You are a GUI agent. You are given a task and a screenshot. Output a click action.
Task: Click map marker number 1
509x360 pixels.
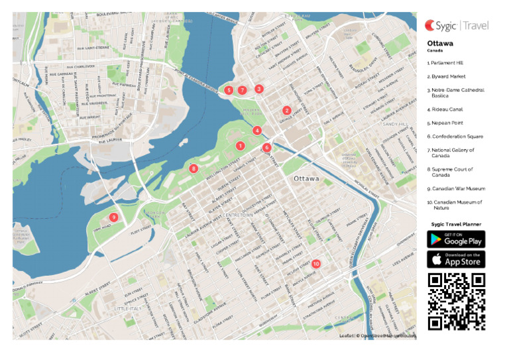240,146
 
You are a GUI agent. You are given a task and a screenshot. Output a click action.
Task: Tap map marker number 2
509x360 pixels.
287,111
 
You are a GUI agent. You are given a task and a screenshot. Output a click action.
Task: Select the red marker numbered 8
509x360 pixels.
194,169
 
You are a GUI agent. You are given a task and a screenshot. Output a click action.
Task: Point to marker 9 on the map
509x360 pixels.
114,217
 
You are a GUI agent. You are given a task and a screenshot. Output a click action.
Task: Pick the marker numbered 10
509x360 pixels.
315,264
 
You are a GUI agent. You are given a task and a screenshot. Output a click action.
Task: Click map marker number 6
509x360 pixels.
266,147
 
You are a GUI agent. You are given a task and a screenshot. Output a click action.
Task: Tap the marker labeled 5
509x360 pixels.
229,90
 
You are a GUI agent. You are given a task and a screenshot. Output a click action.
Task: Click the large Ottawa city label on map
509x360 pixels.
307,179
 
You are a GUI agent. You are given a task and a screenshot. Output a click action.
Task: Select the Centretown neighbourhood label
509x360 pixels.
239,215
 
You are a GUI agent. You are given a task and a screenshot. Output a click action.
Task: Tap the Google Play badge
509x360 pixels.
456,239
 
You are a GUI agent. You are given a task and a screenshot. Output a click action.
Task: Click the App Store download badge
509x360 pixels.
456,259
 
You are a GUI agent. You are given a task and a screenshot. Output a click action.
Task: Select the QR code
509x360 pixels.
456,301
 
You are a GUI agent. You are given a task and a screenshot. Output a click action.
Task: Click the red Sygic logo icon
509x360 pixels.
431,25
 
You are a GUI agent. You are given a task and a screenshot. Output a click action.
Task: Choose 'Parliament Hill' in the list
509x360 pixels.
445,63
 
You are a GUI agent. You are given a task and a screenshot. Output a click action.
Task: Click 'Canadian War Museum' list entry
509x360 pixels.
456,189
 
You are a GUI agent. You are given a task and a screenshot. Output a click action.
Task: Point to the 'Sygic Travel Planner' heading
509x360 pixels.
456,224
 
